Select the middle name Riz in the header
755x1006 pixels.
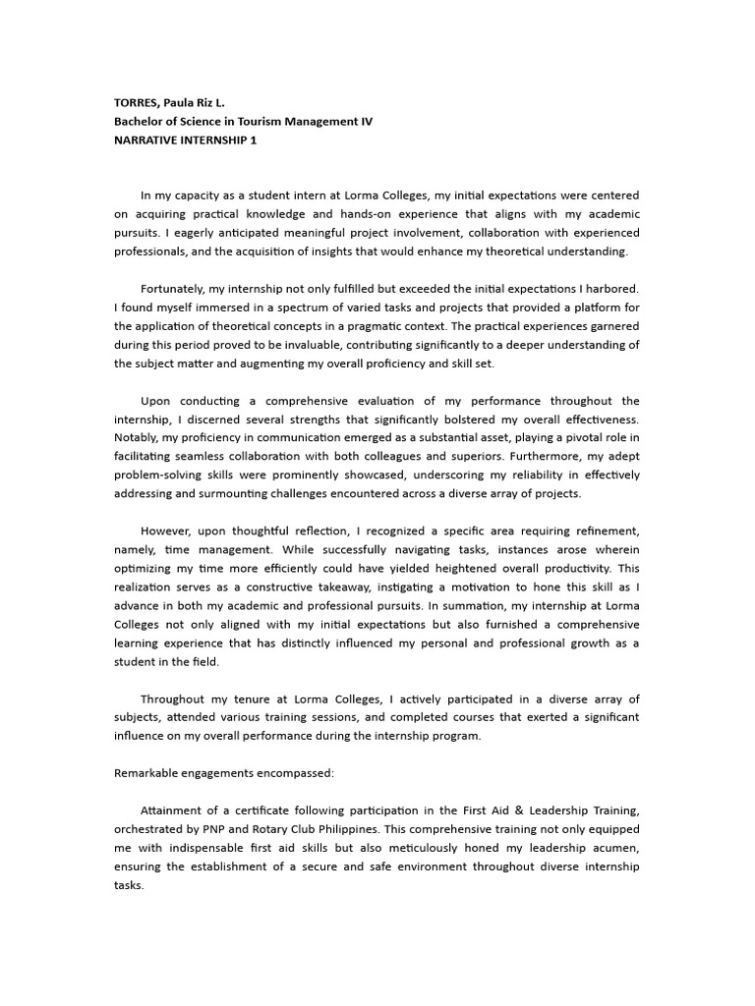pos(211,102)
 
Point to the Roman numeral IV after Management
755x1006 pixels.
pos(366,121)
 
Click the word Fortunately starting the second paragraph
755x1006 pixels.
pos(175,289)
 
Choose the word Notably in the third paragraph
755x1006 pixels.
pos(135,437)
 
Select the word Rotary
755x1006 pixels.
pos(283,828)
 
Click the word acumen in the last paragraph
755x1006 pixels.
pos(614,847)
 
